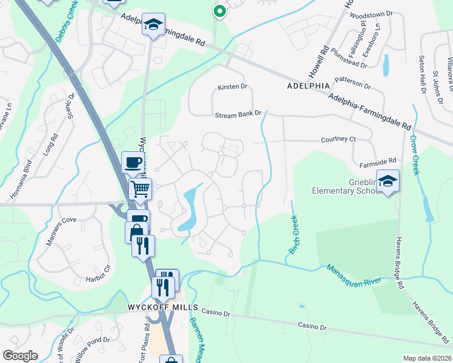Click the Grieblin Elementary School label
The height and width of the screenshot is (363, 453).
(343, 185)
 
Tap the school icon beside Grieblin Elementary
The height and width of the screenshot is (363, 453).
(387, 180)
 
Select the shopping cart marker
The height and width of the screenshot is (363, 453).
(141, 189)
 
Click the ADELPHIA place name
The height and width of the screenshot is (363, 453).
(307, 87)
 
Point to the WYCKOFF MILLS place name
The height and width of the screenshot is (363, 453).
(159, 307)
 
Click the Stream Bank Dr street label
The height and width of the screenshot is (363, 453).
(238, 114)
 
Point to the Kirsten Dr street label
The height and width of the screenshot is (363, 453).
(233, 87)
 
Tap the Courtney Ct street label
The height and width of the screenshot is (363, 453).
(338, 139)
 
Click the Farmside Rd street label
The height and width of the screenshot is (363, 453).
(377, 161)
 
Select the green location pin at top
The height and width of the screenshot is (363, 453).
(219, 10)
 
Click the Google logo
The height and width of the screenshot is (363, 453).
(20, 356)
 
